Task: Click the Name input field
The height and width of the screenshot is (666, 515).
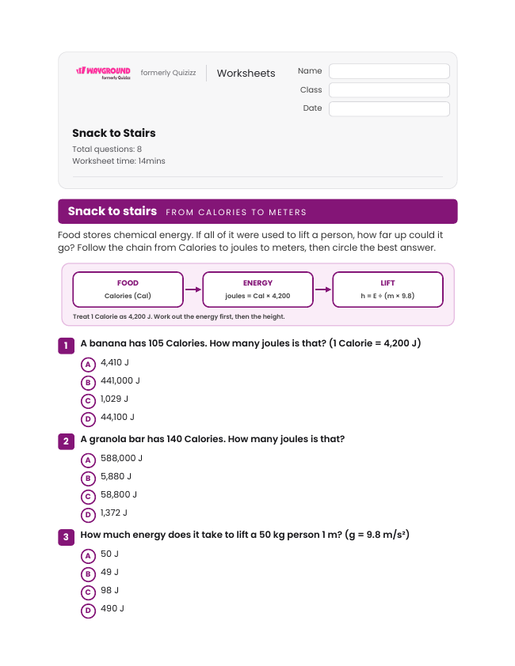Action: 389,71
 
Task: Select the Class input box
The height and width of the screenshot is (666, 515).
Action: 389,90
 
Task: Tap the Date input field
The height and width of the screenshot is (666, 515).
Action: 389,108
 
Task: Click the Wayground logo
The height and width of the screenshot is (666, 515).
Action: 103,73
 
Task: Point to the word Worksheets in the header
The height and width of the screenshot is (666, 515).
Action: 246,73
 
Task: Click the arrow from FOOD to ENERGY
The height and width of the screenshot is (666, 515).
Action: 193,289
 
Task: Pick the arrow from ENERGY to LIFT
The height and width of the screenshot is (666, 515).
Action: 322,289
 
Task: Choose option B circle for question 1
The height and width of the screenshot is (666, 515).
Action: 88,383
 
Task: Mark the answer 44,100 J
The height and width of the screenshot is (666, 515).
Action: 117,417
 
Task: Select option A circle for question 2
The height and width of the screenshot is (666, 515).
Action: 88,460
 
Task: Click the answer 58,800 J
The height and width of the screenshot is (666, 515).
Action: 119,494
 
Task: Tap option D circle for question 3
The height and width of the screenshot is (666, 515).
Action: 88,611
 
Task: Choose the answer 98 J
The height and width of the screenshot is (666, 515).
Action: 110,590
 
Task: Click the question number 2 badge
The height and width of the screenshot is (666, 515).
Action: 66,441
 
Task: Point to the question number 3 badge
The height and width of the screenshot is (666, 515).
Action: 66,537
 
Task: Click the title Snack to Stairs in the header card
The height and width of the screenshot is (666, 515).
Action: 113,133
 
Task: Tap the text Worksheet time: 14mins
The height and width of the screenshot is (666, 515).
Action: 119,161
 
